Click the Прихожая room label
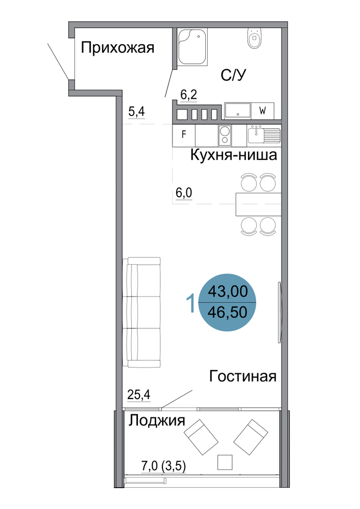pyautogui.click(x=118, y=48)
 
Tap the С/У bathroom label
pyautogui.click(x=233, y=75)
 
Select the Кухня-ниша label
pyautogui.click(x=234, y=155)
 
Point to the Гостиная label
pyautogui.click(x=243, y=376)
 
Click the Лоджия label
pyautogui.click(x=157, y=421)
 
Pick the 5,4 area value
pyautogui.click(x=136, y=111)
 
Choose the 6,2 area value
pyautogui.click(x=188, y=95)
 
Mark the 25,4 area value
pyautogui.click(x=139, y=395)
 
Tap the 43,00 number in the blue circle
pyautogui.click(x=228, y=291)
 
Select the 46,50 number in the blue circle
pyautogui.click(x=228, y=312)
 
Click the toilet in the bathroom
pyautogui.click(x=254, y=38)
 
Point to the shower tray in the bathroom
pyautogui.click(x=192, y=47)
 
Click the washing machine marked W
pyautogui.click(x=263, y=110)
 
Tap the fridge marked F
pyautogui.click(x=184, y=135)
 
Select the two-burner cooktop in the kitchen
pyautogui.click(x=225, y=135)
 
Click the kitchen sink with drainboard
pyautogui.click(x=264, y=135)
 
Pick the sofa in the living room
pyautogui.click(x=142, y=313)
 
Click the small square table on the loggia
pyautogui.click(x=225, y=462)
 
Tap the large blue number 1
pyautogui.click(x=191, y=303)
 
